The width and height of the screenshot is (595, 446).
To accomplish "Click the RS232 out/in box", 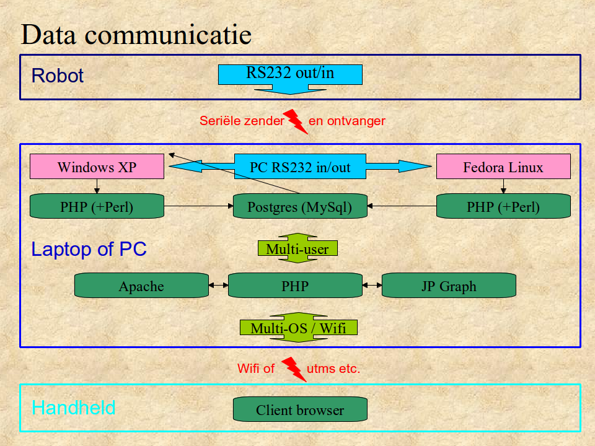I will (x=290, y=74).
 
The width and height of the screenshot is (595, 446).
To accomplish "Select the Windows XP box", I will (x=97, y=167).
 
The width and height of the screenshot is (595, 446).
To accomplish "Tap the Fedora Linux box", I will (x=503, y=167).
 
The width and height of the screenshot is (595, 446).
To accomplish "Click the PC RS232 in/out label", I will (x=300, y=167).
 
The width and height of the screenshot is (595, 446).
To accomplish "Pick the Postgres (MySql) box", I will (x=300, y=206).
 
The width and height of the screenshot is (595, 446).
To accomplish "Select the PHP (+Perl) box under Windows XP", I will (x=97, y=206).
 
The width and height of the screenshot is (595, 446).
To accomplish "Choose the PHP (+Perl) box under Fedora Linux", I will (x=503, y=206).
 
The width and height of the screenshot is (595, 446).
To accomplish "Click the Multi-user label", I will (x=297, y=248).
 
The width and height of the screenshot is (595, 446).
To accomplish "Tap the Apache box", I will (x=141, y=286).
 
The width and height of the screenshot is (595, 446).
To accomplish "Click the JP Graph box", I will (x=449, y=286).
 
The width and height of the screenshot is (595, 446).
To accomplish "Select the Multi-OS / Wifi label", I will (x=299, y=328).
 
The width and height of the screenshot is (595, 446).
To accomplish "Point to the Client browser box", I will (x=300, y=409).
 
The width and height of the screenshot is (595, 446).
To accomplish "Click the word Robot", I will (x=57, y=76).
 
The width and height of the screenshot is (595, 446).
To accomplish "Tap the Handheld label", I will (x=73, y=408).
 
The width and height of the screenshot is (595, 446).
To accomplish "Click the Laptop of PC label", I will (x=89, y=249).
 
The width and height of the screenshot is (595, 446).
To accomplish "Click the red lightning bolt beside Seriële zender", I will (x=295, y=121).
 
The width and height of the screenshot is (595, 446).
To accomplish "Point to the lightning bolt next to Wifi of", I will (x=294, y=369).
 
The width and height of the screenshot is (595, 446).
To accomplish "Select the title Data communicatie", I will (x=136, y=35).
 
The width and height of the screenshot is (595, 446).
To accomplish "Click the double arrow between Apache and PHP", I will (x=218, y=286).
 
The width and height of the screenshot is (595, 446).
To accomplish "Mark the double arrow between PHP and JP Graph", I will (x=372, y=286).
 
